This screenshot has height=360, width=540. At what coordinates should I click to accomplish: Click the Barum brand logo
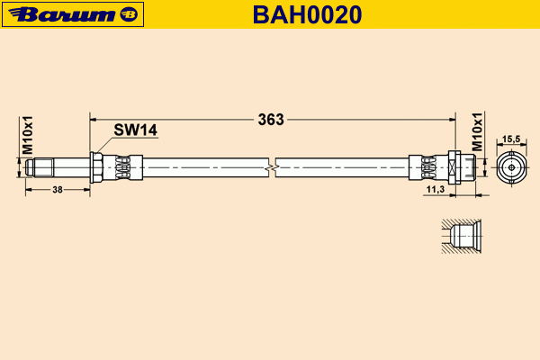click(73, 14)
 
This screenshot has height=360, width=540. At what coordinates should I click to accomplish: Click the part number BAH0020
click(307, 14)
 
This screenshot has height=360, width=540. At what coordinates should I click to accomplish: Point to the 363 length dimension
click(271, 120)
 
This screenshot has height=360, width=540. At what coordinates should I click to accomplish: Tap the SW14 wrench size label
click(135, 130)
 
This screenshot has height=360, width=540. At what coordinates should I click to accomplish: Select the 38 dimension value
click(58, 190)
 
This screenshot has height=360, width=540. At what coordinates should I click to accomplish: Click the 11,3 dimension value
click(436, 189)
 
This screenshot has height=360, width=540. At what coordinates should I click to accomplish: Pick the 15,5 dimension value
click(511, 139)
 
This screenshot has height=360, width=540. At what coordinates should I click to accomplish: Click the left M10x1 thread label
click(27, 135)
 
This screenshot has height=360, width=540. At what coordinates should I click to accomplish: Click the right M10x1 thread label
click(477, 132)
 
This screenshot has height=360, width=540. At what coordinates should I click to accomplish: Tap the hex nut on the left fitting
click(96, 167)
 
